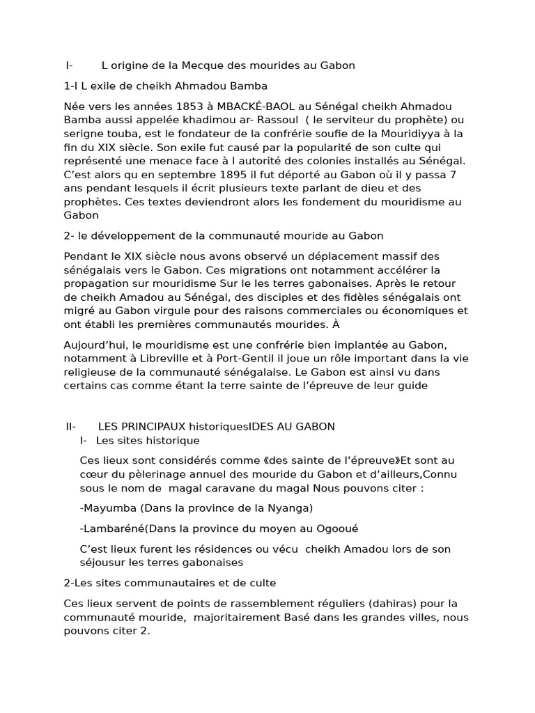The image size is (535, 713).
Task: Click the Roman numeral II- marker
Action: pos(70,427)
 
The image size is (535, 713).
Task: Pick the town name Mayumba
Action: pos(107,508)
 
